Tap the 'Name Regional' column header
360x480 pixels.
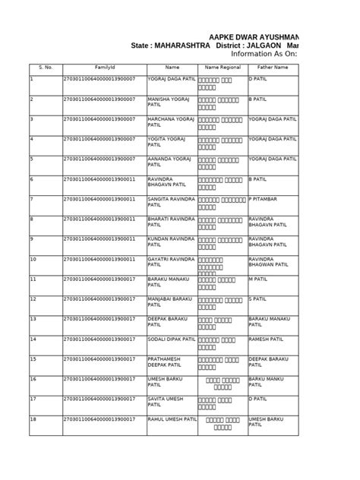tap(222, 68)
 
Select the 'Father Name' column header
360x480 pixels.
tap(271, 68)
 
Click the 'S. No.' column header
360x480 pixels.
tap(44, 68)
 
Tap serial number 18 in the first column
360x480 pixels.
tap(33, 418)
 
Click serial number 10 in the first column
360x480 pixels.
tap(33, 258)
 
